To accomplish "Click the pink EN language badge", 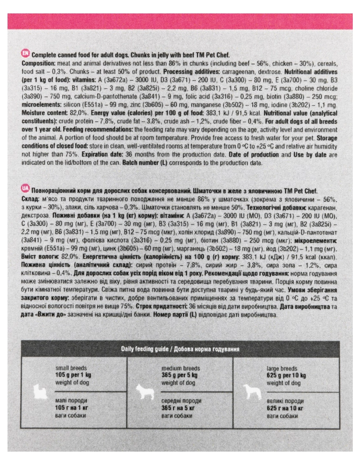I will pos(25,54).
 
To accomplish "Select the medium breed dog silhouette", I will pos(144,391).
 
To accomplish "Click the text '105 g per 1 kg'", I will pos(73,375).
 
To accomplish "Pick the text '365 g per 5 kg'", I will pos(179,375).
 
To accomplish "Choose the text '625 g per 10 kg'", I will pos(286,375).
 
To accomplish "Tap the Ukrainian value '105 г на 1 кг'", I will pos(72,408).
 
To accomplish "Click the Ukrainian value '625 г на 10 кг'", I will pos(285,408).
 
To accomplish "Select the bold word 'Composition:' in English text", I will pos(37,63).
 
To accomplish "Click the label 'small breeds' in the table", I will pos(71,368).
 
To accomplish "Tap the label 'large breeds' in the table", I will pos(282,369).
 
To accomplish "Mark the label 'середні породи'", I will pos(181,401).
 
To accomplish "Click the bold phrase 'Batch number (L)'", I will pos(144,163).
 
